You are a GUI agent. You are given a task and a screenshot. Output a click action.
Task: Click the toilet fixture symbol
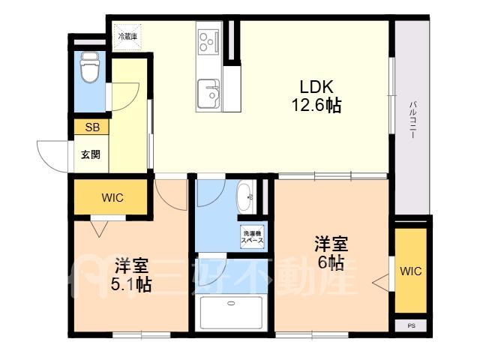tap(89, 67)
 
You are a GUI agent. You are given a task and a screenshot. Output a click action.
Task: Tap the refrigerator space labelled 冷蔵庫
tap(127, 37)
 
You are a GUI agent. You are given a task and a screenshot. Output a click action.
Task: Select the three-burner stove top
tap(208, 40)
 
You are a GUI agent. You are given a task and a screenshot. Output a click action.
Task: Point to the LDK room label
tap(316, 87)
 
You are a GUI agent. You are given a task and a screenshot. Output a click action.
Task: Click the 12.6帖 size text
tap(316, 106)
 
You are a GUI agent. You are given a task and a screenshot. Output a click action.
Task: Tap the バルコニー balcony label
tap(412, 120)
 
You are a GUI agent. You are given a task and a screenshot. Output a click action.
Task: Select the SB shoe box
tap(91, 127)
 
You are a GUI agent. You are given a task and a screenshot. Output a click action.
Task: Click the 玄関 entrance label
tap(91, 154)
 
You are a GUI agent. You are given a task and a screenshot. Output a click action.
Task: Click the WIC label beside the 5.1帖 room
tap(112, 198)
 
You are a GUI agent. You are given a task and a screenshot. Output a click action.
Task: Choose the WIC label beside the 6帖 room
tap(411, 271)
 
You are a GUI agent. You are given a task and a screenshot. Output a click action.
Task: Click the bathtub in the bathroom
tap(231, 312)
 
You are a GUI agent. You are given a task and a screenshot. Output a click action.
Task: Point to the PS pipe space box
tap(411, 325)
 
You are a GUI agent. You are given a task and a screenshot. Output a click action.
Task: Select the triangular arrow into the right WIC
tap(381, 283)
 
